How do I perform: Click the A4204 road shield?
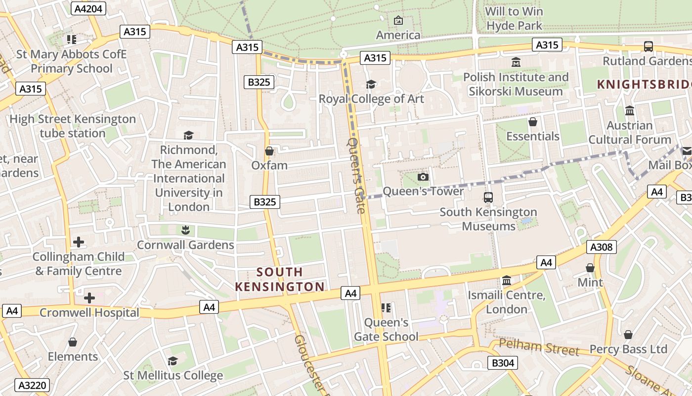(x=88, y=8)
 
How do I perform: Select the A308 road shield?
(x=602, y=247)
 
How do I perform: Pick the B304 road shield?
(x=503, y=363)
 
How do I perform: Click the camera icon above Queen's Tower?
(x=423, y=177)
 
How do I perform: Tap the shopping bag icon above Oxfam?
(x=269, y=150)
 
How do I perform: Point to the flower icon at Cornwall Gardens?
(x=185, y=230)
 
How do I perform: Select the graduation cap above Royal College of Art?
(x=371, y=84)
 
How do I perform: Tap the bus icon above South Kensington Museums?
(x=488, y=198)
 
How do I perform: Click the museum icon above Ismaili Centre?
(x=507, y=281)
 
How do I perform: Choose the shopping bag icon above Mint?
(x=590, y=268)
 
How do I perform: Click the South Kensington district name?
(x=280, y=279)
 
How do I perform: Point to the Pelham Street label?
(x=538, y=347)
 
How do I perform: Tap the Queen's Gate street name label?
(x=357, y=175)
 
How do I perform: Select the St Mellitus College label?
(x=173, y=375)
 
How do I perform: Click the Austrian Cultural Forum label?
(x=630, y=133)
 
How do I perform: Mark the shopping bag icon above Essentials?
(x=533, y=121)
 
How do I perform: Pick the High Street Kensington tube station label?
(x=73, y=126)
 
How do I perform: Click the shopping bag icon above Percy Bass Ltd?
(x=628, y=335)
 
